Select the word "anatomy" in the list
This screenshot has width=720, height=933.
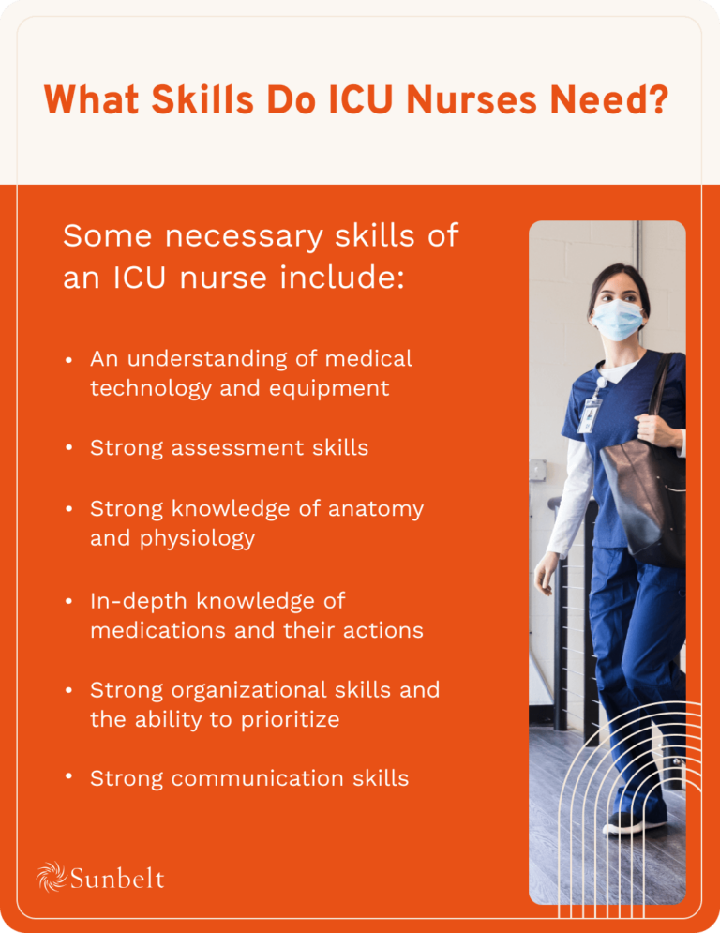(377, 509)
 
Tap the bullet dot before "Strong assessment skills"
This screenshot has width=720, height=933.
(69, 448)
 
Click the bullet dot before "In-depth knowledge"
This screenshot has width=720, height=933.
(69, 601)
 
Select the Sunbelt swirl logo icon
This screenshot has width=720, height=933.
(51, 877)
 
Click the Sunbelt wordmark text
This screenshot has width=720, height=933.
(117, 879)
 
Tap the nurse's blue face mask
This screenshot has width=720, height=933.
(617, 320)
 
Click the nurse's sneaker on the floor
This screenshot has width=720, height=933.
(637, 821)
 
